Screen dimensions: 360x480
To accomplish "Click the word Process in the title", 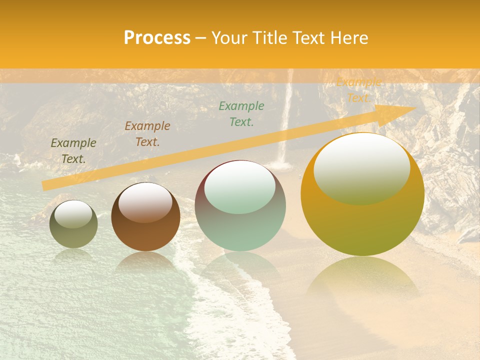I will click(x=157, y=38).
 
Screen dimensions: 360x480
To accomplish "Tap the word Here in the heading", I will click(x=348, y=38).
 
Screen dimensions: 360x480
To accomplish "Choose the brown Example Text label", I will click(x=147, y=134).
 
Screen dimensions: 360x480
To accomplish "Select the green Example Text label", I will click(x=241, y=114).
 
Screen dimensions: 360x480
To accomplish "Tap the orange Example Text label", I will click(x=358, y=90).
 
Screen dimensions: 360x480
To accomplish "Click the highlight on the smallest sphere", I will click(x=73, y=214).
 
